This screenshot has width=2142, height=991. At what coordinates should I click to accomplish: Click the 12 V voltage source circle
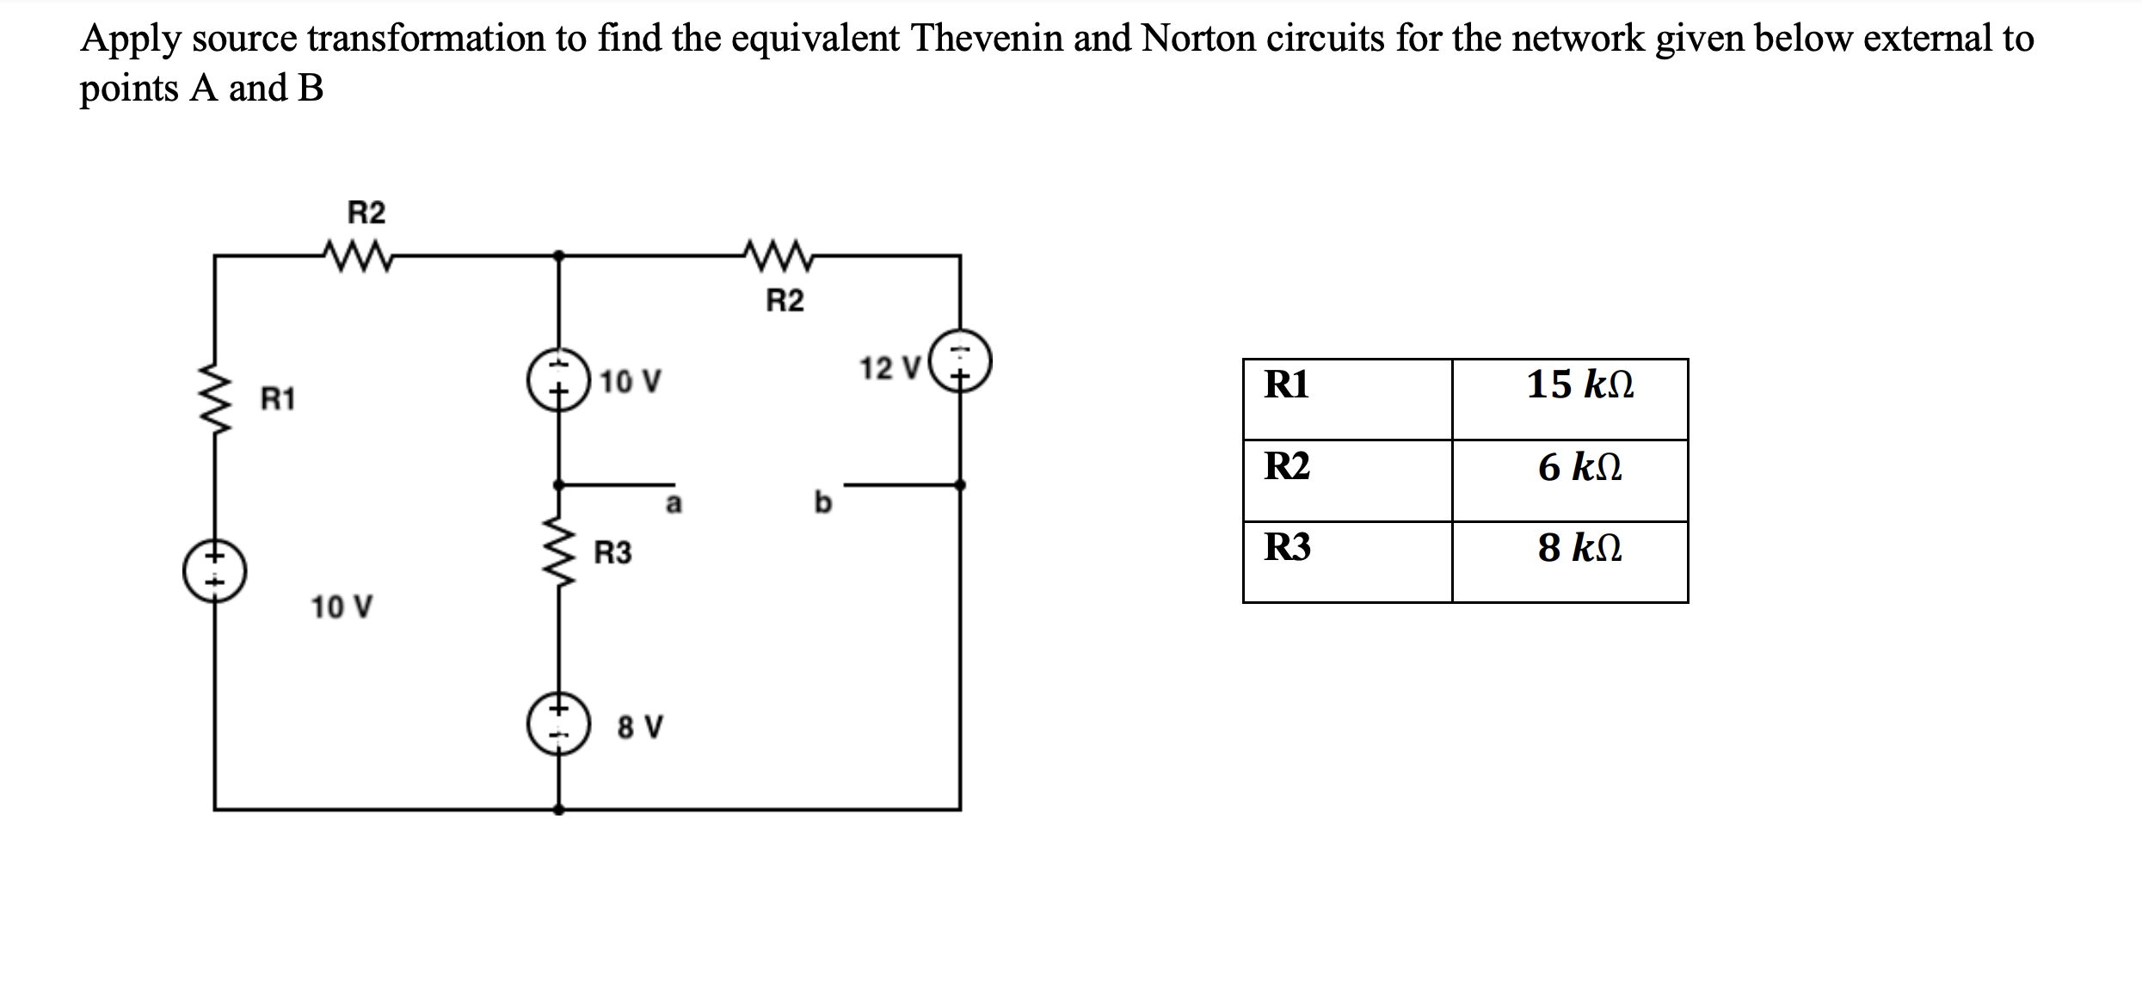click(x=961, y=361)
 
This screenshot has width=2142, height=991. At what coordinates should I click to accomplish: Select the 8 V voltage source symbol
click(x=559, y=723)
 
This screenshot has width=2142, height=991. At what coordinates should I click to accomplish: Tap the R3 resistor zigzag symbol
click(x=560, y=551)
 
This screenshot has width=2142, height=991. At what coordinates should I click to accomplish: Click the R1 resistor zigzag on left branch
click(x=215, y=398)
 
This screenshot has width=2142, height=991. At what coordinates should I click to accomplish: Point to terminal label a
click(x=674, y=503)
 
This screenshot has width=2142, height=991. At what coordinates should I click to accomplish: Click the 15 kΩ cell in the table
click(x=1579, y=385)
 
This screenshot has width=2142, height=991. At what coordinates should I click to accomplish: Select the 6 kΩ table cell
click(x=1579, y=467)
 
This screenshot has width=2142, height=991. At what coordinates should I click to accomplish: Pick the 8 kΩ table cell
click(x=1579, y=548)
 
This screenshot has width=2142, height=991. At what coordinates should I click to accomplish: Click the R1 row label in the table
click(x=1286, y=385)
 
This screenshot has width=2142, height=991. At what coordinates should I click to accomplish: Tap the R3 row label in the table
click(x=1287, y=547)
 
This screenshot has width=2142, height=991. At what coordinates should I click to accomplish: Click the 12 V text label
click(x=889, y=369)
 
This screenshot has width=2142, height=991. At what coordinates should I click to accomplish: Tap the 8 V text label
click(x=640, y=728)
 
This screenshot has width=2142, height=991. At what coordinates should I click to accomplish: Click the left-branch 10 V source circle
click(x=215, y=571)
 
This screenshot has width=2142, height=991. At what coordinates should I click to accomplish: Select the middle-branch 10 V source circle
click(x=559, y=380)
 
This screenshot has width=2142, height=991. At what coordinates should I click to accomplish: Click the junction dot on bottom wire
click(x=559, y=809)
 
